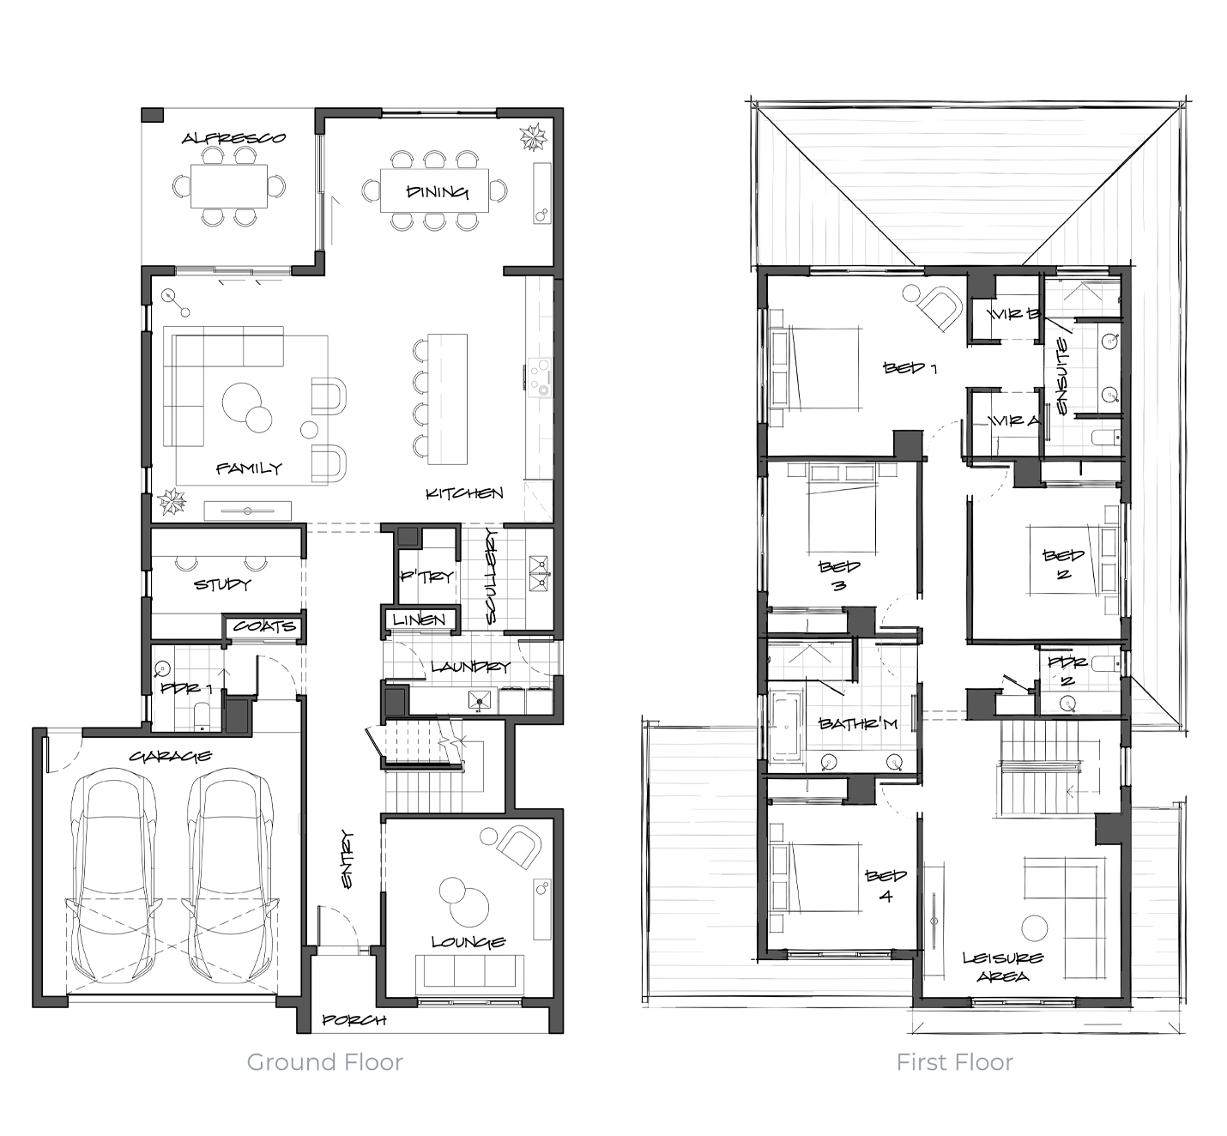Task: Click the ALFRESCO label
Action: (234, 138)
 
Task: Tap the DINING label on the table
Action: (438, 192)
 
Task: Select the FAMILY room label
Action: (249, 468)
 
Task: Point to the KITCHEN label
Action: (464, 493)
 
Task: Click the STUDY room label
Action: (222, 584)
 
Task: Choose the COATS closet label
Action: (264, 626)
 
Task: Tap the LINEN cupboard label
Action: (419, 619)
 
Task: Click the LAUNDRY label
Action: (471, 667)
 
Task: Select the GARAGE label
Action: (171, 756)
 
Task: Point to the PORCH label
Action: (354, 1020)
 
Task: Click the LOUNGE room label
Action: (468, 941)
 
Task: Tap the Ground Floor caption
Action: (325, 1062)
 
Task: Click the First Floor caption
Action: (954, 1062)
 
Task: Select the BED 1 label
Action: (910, 368)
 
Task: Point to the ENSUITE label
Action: (1062, 376)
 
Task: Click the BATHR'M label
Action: (857, 723)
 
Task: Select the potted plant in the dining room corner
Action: (533, 137)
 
